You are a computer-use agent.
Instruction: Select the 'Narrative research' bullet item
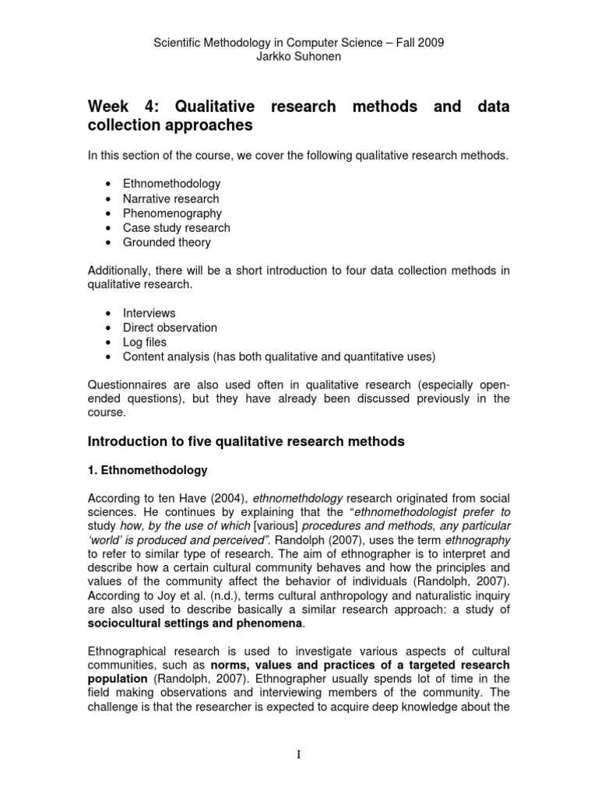click(x=171, y=198)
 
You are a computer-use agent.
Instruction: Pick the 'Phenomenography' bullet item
click(x=172, y=213)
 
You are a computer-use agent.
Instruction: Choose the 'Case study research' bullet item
click(x=176, y=228)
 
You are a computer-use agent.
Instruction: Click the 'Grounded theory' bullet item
click(x=167, y=242)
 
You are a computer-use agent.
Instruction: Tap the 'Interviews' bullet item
click(x=149, y=313)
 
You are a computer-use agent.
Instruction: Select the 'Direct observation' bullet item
click(x=170, y=328)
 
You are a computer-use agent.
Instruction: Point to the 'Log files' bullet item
click(x=145, y=342)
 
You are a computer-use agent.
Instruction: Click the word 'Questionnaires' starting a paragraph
click(x=127, y=384)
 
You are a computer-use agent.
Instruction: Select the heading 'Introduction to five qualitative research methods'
click(x=245, y=442)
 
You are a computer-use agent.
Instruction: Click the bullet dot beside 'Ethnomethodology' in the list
click(x=105, y=184)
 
